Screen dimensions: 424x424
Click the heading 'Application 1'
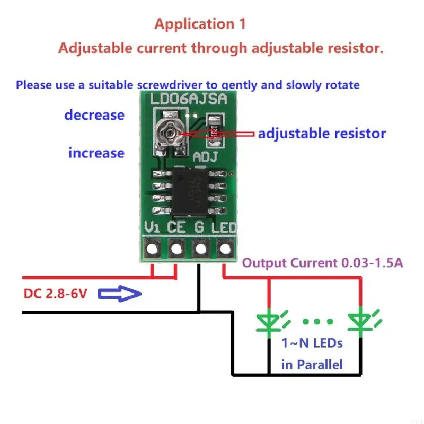click(x=200, y=24)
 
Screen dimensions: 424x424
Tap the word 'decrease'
click(x=94, y=115)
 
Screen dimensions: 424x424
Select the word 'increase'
click(x=96, y=153)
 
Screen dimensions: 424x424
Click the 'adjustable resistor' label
click(x=322, y=134)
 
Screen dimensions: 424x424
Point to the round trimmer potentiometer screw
click(x=170, y=131)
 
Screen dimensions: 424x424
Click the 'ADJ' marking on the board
click(x=204, y=157)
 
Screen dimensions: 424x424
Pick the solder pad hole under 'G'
click(x=200, y=248)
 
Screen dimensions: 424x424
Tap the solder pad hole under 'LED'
click(x=225, y=248)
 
